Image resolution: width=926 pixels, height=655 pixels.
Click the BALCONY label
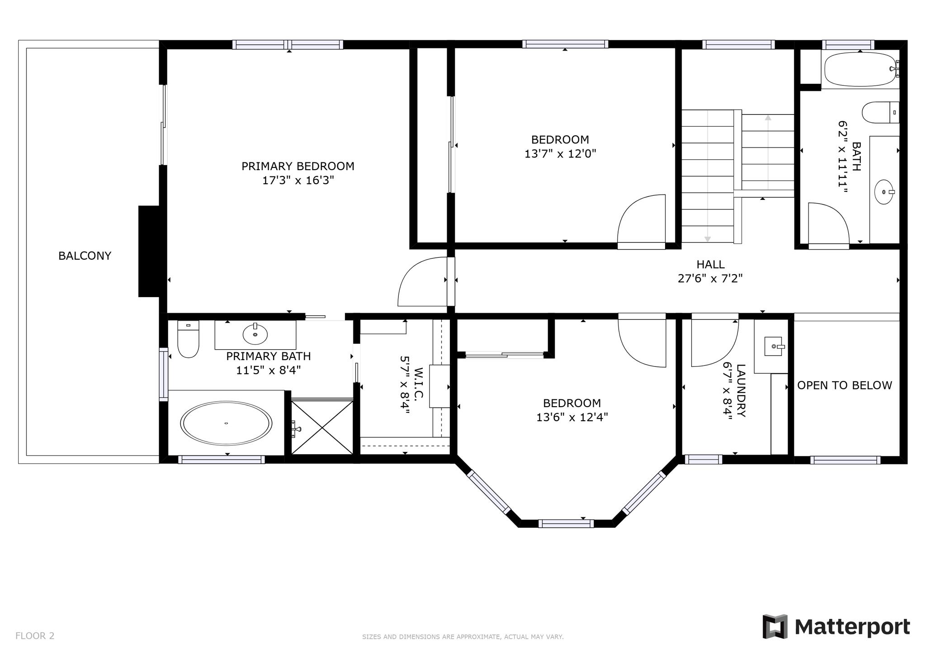tap(85, 256)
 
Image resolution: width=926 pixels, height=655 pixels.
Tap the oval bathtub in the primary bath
tap(226, 423)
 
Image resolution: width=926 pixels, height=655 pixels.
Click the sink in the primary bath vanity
tap(255, 334)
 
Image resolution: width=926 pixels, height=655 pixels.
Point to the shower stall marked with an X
tap(321, 427)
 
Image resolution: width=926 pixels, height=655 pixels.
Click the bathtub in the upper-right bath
tap(859, 69)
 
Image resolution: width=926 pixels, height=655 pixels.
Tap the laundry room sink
tap(774, 346)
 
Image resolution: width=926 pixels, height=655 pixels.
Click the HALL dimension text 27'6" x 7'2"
tap(710, 279)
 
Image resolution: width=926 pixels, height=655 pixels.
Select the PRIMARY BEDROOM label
tap(298, 166)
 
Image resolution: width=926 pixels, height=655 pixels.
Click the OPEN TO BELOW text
tap(844, 385)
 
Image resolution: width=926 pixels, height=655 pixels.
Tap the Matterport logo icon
tap(775, 627)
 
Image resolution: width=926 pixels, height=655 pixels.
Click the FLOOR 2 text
tap(35, 636)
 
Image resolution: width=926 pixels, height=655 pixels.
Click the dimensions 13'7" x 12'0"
tap(560, 154)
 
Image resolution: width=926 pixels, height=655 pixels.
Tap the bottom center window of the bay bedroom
tap(566, 524)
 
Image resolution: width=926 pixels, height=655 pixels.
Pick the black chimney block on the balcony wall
tap(149, 251)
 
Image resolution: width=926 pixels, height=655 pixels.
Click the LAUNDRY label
tap(741, 391)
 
